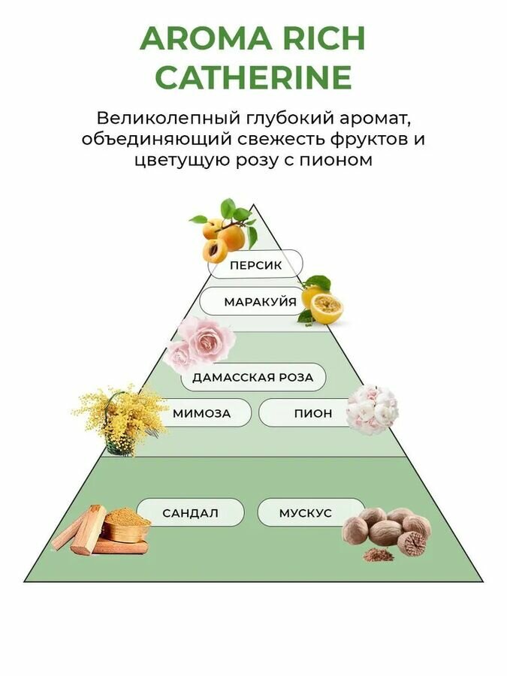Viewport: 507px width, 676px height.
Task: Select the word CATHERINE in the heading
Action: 253,77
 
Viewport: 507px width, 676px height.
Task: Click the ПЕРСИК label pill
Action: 256,264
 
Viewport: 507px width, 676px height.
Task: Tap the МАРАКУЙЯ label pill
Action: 260,302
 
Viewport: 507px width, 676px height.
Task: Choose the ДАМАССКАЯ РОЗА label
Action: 252,377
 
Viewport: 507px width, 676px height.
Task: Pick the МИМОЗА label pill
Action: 201,413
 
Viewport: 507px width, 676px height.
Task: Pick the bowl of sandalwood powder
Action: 125,524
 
